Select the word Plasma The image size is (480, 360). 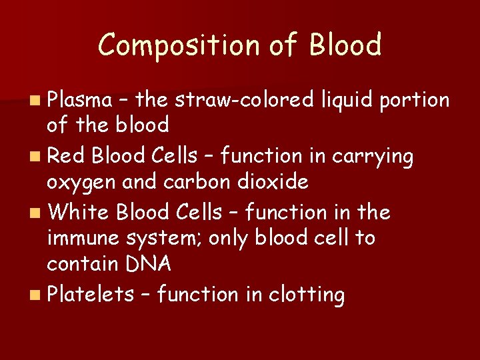pos(79,100)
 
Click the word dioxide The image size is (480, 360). pos(273,181)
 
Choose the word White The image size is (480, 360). pos(79,212)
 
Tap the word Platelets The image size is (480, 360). pos(90,294)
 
